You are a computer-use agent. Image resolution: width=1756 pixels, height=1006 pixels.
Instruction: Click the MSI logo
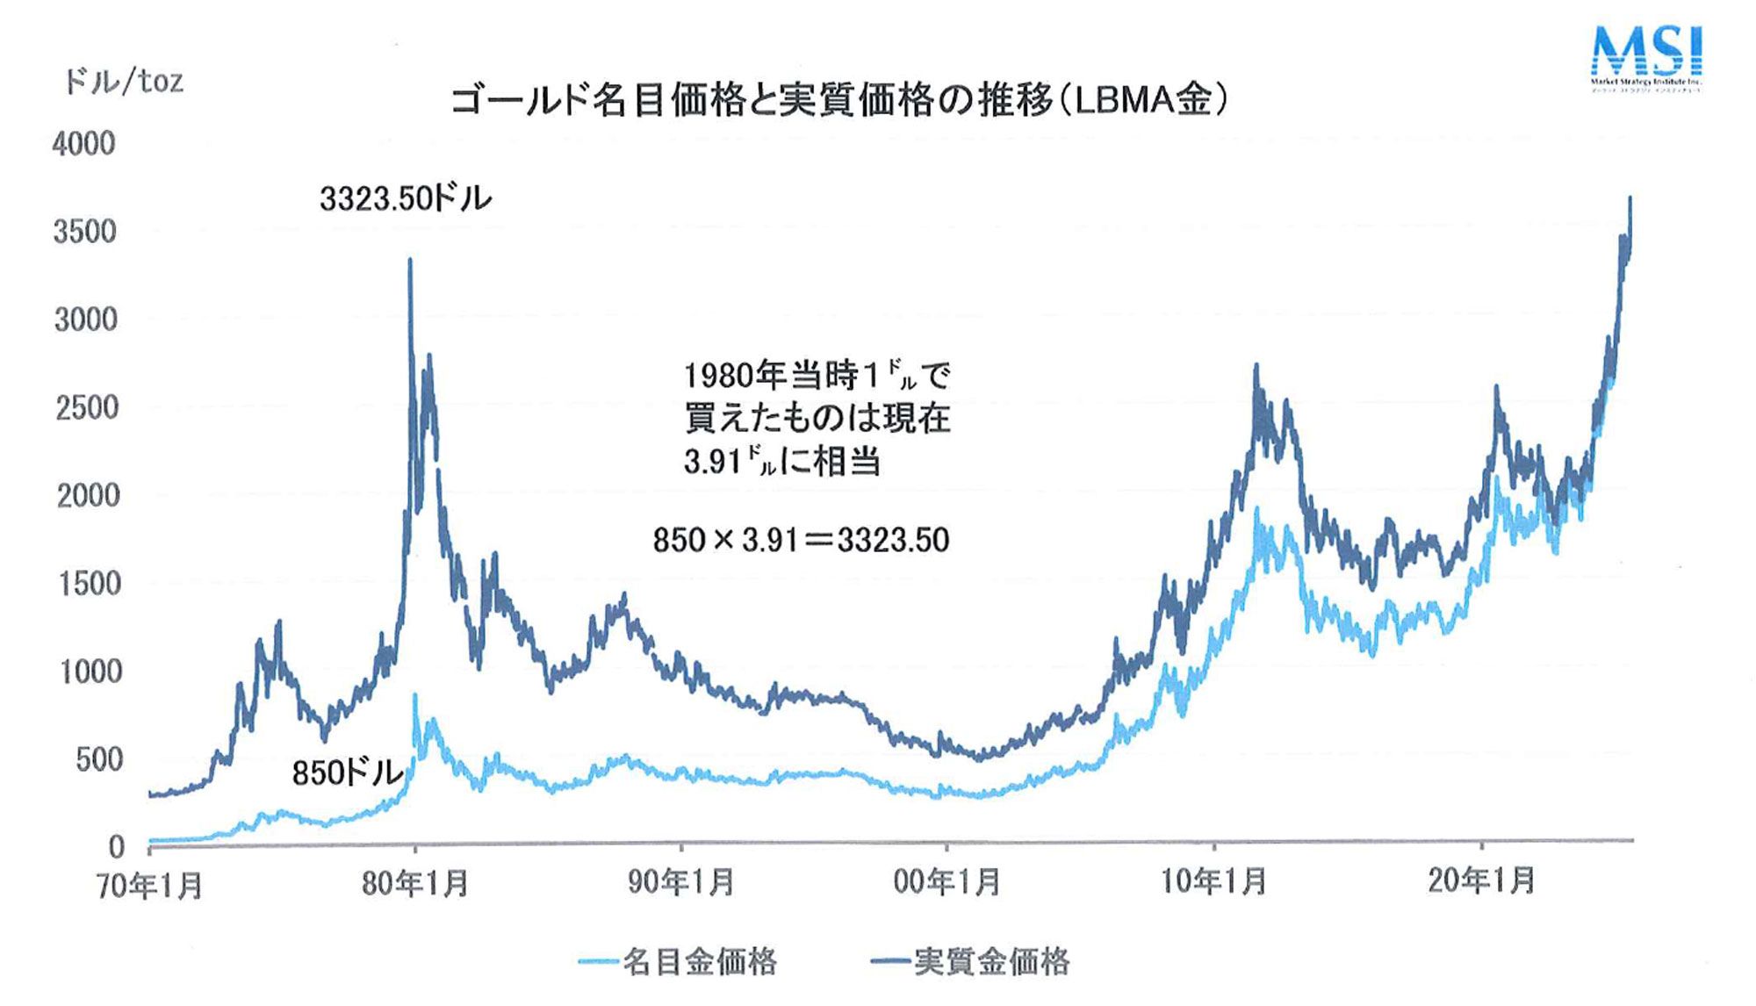coord(1646,56)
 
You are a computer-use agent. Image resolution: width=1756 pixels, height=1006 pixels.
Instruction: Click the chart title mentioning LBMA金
coord(838,101)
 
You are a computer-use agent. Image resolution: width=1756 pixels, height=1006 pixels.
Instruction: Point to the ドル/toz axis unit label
coord(124,82)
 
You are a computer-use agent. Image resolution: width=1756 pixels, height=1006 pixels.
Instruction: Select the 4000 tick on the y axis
coord(84,144)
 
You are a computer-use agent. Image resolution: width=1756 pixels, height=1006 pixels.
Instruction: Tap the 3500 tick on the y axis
coord(85,232)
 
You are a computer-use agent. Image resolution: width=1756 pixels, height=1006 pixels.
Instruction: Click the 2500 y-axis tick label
coord(87,408)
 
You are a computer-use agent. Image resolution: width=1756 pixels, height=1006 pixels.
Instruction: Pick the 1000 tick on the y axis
coord(90,672)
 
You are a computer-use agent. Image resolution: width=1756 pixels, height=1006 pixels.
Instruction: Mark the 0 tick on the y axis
coord(116,846)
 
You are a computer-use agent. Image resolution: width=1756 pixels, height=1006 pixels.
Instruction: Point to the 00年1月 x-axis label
coord(946,881)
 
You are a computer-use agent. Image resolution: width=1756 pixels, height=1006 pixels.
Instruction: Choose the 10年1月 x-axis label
coord(1213,880)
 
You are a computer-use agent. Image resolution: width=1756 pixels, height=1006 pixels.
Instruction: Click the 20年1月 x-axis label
coord(1481,880)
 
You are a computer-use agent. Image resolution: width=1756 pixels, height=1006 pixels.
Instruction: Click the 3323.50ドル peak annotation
coord(406,199)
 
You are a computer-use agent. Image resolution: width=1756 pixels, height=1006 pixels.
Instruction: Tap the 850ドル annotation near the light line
coord(347,772)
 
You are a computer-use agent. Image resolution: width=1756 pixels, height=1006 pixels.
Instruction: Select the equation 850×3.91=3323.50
coord(801,539)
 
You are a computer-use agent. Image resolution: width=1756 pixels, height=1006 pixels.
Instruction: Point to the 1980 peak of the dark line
coord(410,262)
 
